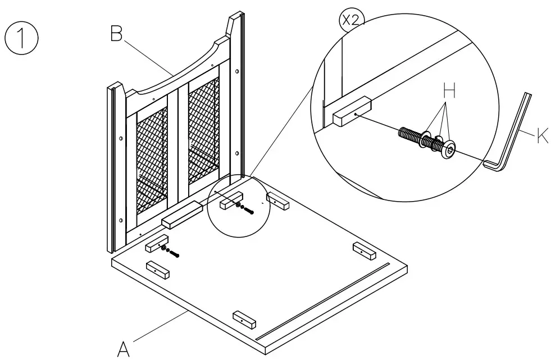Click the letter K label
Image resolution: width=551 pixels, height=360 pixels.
click(x=543, y=136)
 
